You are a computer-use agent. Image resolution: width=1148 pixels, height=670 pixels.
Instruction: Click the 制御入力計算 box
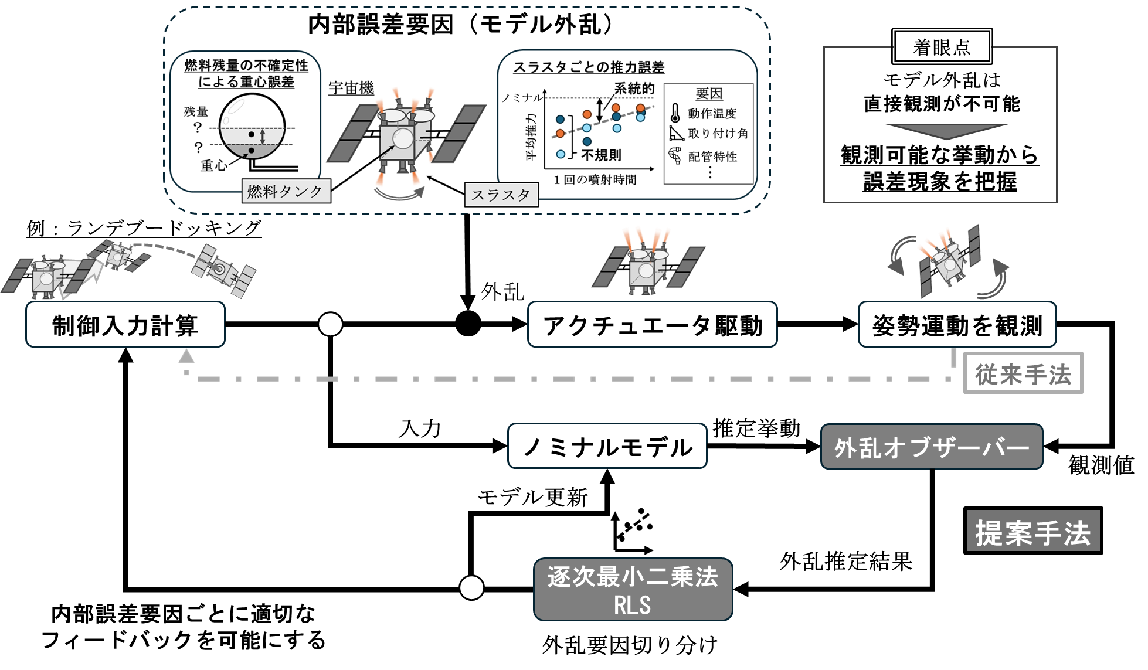[x=125, y=325]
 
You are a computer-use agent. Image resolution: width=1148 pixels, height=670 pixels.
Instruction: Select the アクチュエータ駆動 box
[x=653, y=325]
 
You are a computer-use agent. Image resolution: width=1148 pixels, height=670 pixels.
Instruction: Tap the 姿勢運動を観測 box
[x=957, y=325]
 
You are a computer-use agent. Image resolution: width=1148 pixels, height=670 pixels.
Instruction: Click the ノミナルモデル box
[x=607, y=446]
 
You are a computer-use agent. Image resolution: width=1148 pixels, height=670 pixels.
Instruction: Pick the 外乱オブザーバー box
[x=932, y=447]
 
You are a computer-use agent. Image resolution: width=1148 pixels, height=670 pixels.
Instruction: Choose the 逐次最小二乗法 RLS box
[x=633, y=590]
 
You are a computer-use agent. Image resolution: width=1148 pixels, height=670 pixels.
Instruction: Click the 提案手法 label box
[x=1033, y=531]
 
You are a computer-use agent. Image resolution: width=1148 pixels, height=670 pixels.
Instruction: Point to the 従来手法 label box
[x=1024, y=373]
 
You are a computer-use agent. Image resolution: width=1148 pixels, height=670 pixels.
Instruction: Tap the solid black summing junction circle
[x=468, y=324]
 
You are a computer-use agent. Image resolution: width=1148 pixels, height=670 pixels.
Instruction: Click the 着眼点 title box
[x=942, y=46]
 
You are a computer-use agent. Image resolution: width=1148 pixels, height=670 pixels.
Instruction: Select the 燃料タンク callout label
[x=286, y=191]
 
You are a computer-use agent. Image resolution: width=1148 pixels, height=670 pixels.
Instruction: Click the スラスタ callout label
[x=501, y=195]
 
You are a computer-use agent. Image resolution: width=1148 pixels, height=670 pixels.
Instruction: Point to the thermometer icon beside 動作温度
[x=675, y=113]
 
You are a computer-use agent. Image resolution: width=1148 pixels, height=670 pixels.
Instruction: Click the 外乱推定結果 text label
[x=846, y=561]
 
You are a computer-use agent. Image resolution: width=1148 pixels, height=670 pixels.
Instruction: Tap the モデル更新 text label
[x=532, y=498]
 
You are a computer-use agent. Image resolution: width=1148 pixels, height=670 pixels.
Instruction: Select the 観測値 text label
[x=1101, y=465]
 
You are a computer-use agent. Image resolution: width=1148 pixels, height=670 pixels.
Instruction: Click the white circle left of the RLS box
[x=471, y=587]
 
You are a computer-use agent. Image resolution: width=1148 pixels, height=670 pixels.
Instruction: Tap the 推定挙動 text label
[x=756, y=428]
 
